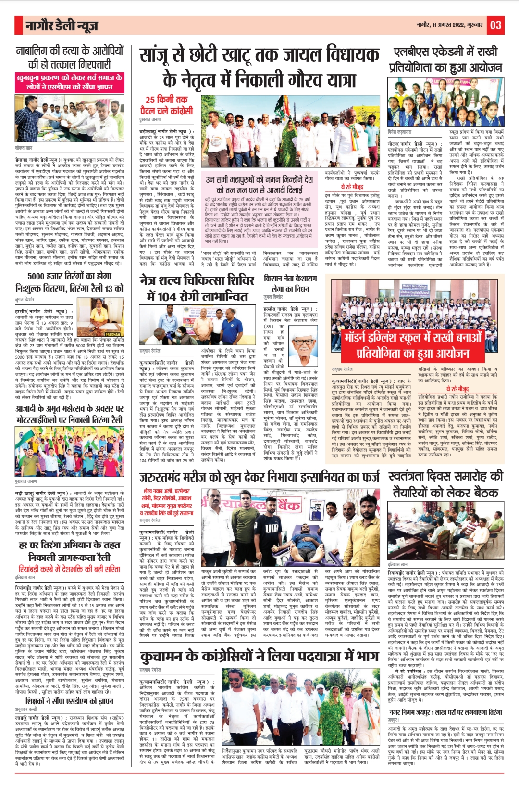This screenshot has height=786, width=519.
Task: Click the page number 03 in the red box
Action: pyautogui.click(x=496, y=25)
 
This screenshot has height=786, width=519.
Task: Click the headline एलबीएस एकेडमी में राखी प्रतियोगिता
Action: pyautogui.click(x=445, y=60)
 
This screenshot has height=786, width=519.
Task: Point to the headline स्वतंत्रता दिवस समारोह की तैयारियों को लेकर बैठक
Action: pyautogui.click(x=445, y=485)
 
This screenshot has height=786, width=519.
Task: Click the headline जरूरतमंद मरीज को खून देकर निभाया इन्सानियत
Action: pyautogui.click(x=259, y=477)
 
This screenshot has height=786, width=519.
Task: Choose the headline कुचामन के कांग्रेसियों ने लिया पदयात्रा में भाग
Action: pyautogui.click(x=259, y=657)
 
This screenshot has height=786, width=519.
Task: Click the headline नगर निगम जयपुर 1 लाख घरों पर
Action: pyautogui.click(x=445, y=712)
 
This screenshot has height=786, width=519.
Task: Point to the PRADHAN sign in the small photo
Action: pyautogui.click(x=113, y=334)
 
